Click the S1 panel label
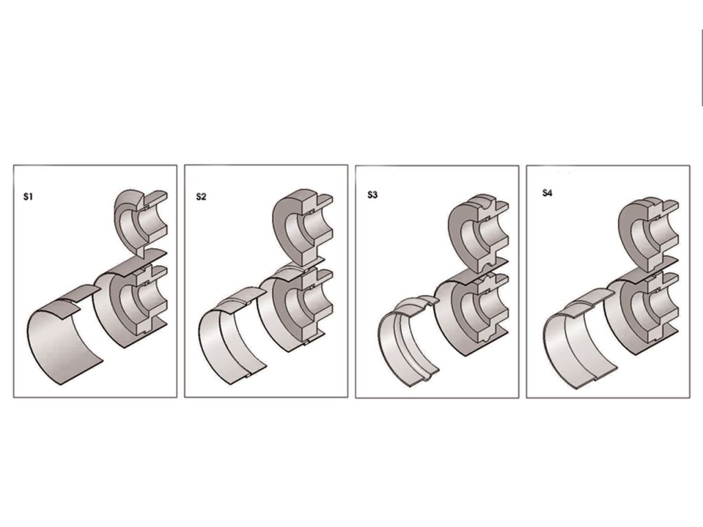pos(28,196)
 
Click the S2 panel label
pos(201,196)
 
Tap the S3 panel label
pos(373,194)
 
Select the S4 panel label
pos(547,193)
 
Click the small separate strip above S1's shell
pos(81,292)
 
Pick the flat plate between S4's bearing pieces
pos(645,270)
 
